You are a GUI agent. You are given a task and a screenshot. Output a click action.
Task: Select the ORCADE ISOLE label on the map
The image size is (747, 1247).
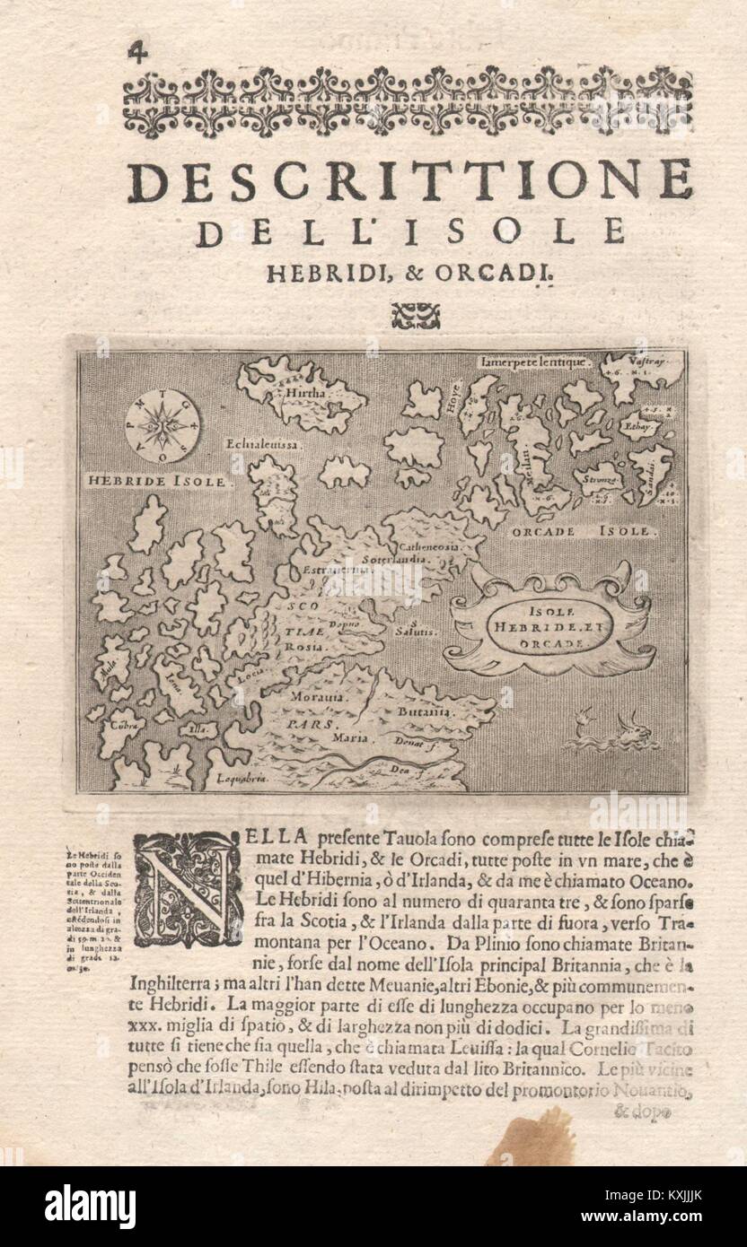pyautogui.click(x=575, y=531)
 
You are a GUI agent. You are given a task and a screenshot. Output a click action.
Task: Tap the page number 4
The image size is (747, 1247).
pyautogui.click(x=138, y=51)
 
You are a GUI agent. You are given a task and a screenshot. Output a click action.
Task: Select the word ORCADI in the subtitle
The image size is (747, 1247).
pyautogui.click(x=494, y=277)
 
